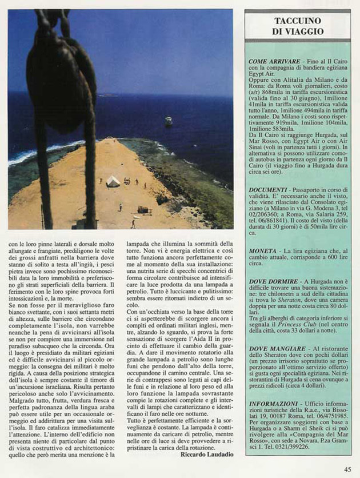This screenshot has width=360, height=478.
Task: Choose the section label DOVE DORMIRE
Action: pos(272,281)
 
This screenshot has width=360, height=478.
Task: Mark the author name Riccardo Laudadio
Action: pos(206,455)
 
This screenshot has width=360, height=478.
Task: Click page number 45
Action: pos(347,469)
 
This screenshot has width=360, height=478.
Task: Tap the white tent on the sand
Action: pos(113,181)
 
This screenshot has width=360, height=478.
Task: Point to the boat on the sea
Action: pos(169,121)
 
